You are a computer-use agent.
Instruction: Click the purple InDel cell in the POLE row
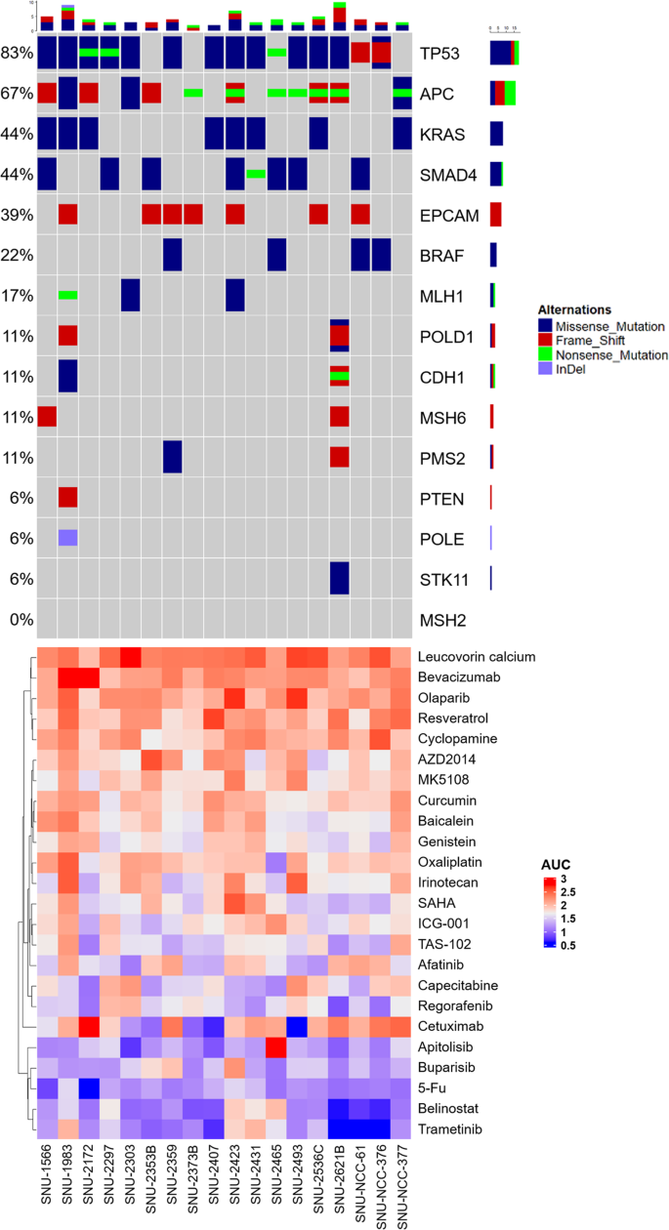pyautogui.click(x=67, y=538)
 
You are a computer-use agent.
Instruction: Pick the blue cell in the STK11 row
pyautogui.click(x=339, y=578)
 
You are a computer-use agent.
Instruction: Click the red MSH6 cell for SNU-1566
pyautogui.click(x=47, y=416)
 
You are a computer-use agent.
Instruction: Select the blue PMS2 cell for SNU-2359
pyautogui.click(x=172, y=457)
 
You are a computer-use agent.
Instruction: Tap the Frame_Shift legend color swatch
pyautogui.click(x=546, y=341)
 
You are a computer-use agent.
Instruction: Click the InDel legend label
pyautogui.click(x=572, y=370)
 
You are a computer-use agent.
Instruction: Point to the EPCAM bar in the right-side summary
pyautogui.click(x=495, y=214)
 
